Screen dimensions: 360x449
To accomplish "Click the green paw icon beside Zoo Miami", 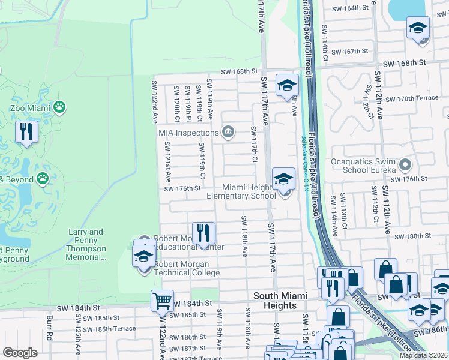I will pyautogui.click(x=59, y=107).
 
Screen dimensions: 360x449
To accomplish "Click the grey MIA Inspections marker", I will pyautogui.click(x=228, y=132).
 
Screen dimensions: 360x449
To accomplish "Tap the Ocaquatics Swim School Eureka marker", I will pyautogui.click(x=406, y=164).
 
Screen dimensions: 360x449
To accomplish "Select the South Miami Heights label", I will pyautogui.click(x=280, y=301).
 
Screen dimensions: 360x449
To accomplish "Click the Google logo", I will pyautogui.click(x=20, y=353).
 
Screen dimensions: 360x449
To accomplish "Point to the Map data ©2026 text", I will pyautogui.click(x=423, y=355).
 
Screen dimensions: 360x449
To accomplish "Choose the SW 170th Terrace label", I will pyautogui.click(x=412, y=98).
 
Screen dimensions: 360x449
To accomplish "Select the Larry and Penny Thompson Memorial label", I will pyautogui.click(x=86, y=244).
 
